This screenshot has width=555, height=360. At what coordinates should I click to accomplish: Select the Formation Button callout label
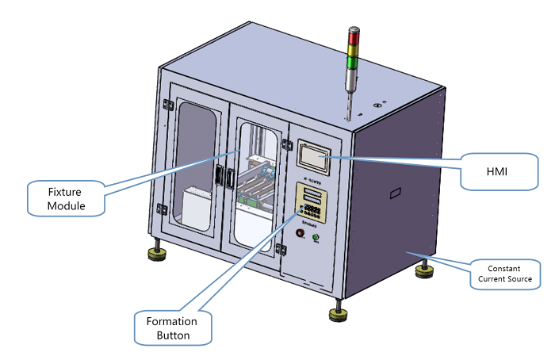click(x=173, y=327)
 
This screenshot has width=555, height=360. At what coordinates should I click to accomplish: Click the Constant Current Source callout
click(x=505, y=274)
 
